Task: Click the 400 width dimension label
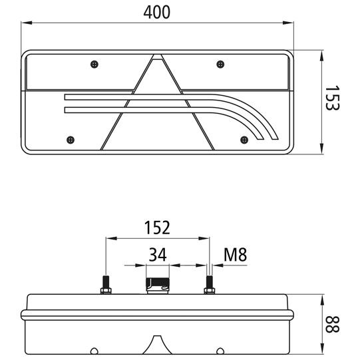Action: [x=157, y=11]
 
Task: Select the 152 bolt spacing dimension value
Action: [x=158, y=228]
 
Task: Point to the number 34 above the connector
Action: [x=157, y=254]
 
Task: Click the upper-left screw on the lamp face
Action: [x=94, y=64]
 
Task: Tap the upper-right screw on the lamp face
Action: [x=220, y=64]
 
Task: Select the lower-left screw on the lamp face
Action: [x=70, y=139]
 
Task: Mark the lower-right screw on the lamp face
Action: [x=244, y=139]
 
